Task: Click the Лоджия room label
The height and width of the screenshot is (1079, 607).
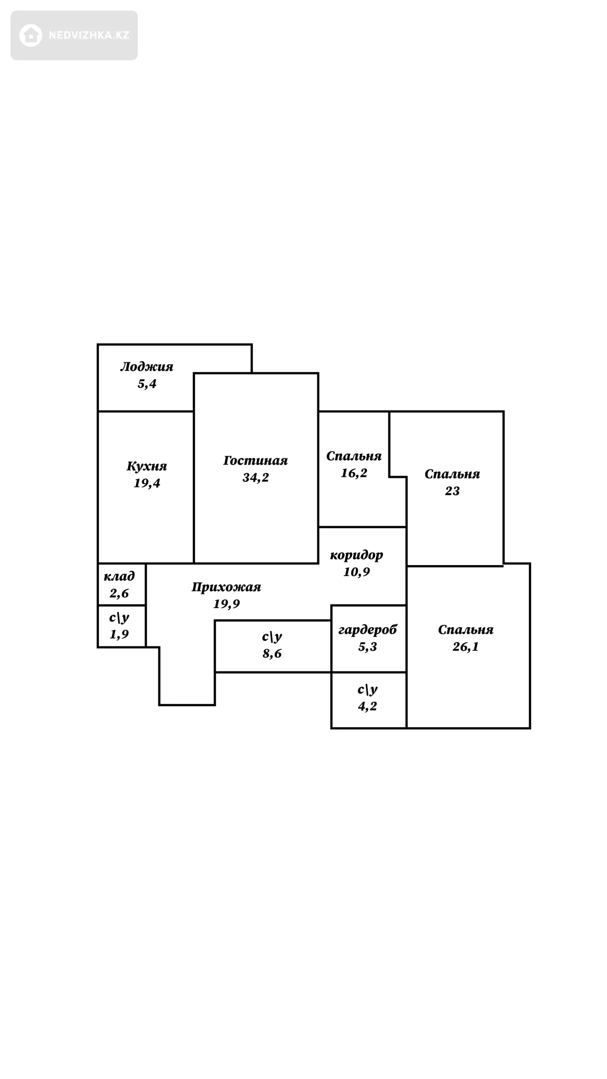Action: pyautogui.click(x=147, y=367)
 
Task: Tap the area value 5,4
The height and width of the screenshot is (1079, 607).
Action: pyautogui.click(x=147, y=384)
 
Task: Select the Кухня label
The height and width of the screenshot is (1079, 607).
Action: pyautogui.click(x=147, y=466)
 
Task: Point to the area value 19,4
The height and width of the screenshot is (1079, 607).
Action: pyautogui.click(x=147, y=483)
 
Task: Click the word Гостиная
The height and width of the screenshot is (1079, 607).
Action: pyautogui.click(x=255, y=461)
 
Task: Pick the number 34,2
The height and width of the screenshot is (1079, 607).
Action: pyautogui.click(x=255, y=478)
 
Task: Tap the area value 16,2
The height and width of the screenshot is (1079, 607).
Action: pyautogui.click(x=354, y=473)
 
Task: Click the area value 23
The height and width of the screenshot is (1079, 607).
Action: pyautogui.click(x=452, y=491)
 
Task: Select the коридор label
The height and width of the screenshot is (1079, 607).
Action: pyautogui.click(x=356, y=555)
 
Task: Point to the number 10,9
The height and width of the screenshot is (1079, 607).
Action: pyautogui.click(x=356, y=572)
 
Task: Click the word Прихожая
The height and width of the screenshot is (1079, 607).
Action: pyautogui.click(x=226, y=587)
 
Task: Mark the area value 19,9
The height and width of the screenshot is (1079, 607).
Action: pyautogui.click(x=226, y=604)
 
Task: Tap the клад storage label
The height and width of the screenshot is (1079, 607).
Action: pyautogui.click(x=119, y=576)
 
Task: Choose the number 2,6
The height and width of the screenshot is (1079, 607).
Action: pyautogui.click(x=119, y=593)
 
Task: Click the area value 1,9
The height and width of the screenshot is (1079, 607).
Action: pyautogui.click(x=119, y=634)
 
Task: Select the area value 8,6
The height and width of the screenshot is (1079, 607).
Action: pyautogui.click(x=272, y=654)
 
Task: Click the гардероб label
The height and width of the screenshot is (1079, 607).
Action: pyautogui.click(x=368, y=630)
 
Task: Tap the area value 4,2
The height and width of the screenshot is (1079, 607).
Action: pyautogui.click(x=367, y=706)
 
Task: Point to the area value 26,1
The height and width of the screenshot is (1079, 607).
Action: pyautogui.click(x=465, y=647)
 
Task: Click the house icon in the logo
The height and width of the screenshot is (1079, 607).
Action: pyautogui.click(x=31, y=35)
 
